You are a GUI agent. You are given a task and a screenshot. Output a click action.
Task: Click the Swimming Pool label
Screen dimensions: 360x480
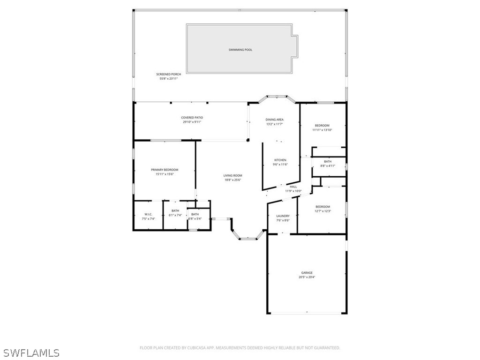(240, 50)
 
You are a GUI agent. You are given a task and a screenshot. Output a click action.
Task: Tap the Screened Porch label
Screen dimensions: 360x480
(169, 74)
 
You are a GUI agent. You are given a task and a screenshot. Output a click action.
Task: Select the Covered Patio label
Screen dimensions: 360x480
(192, 118)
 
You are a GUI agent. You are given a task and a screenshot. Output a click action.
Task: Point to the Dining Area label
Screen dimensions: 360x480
(275, 120)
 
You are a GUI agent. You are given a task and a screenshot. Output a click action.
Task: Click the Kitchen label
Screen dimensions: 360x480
(280, 160)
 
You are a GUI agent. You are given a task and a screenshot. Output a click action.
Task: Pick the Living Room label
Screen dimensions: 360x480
(232, 176)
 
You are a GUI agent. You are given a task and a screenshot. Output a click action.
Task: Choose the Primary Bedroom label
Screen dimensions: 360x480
(165, 170)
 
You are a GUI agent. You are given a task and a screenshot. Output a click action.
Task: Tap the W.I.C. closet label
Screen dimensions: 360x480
(148, 214)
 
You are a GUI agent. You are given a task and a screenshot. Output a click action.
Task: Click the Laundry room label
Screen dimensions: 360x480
(283, 216)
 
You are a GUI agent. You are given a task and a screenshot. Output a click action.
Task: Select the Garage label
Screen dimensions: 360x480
(307, 273)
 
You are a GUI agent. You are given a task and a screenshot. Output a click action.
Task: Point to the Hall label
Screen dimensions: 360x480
(293, 187)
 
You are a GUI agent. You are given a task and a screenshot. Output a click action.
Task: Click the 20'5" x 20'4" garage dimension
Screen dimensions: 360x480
(307, 277)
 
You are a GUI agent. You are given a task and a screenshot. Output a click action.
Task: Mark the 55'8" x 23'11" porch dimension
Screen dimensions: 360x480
(169, 79)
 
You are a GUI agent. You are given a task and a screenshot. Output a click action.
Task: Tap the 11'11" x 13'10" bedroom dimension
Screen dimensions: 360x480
(322, 130)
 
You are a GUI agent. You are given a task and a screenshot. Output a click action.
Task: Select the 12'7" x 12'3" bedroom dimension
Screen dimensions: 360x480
(322, 211)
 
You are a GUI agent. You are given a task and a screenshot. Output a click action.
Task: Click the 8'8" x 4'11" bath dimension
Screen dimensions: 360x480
(328, 166)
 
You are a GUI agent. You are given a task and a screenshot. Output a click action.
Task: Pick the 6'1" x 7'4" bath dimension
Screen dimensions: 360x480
(175, 215)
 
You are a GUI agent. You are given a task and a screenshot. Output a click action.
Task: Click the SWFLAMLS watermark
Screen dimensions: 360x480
(31, 352)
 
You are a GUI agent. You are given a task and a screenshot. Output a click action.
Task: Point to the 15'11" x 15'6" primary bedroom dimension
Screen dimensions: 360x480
(165, 174)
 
